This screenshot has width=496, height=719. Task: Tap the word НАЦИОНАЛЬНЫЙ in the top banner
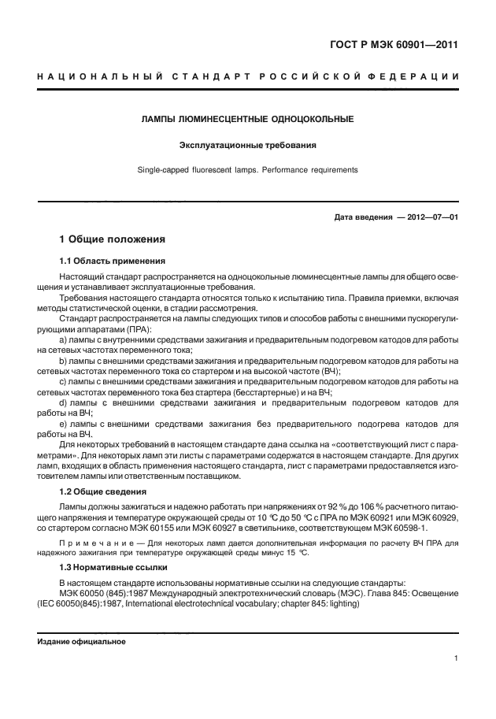pos(98,76)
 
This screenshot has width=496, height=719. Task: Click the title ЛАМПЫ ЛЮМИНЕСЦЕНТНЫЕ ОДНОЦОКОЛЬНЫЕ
pos(247,120)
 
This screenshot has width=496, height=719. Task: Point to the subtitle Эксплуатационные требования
pos(247,145)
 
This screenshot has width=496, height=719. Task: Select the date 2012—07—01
pos(429,217)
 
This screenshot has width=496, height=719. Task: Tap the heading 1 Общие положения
pos(112,238)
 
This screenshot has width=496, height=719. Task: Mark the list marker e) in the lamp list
pos(64,424)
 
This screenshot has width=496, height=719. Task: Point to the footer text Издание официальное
pos(81,642)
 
